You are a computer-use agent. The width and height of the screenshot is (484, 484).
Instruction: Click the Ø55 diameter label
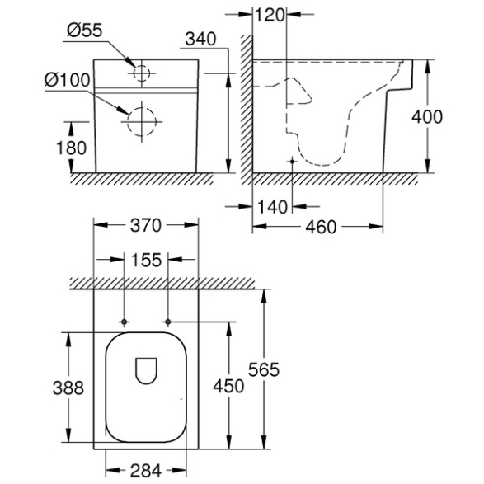click(x=85, y=31)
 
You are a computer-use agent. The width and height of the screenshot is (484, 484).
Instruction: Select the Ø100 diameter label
click(x=68, y=80)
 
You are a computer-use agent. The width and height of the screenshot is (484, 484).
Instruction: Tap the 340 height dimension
click(x=200, y=40)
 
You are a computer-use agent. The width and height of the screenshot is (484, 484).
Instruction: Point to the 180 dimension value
click(x=71, y=148)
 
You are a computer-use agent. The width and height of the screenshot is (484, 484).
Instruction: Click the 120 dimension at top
click(x=270, y=15)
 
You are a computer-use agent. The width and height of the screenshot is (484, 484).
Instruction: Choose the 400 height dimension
click(x=427, y=117)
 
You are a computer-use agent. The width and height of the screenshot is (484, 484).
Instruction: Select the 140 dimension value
click(x=272, y=207)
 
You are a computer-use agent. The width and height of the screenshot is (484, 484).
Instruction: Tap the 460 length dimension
click(x=321, y=228)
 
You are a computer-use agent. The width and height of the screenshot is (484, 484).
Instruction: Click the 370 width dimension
click(x=146, y=225)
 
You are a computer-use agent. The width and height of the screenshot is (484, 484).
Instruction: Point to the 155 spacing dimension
click(x=146, y=260)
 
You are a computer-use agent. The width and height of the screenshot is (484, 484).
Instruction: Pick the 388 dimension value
click(x=68, y=388)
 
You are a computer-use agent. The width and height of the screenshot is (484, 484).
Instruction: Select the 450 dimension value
click(x=228, y=386)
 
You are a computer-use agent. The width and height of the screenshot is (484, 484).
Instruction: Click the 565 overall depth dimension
click(x=264, y=369)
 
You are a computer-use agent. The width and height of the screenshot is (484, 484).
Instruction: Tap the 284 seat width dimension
click(x=146, y=471)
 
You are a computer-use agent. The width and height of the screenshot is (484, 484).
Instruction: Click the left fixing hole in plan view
click(x=124, y=322)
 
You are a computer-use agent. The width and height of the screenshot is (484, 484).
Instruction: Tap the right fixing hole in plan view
click(x=168, y=322)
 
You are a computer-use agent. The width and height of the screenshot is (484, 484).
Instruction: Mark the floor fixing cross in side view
click(x=292, y=162)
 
